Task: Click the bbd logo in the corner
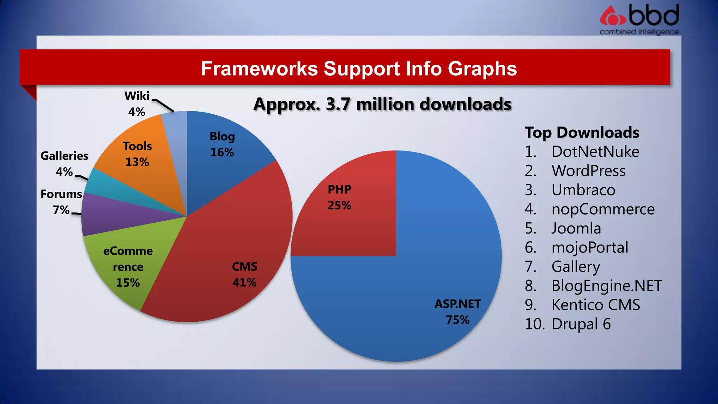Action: click(639, 19)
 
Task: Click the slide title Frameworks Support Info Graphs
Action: click(359, 68)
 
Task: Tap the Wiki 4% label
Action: click(137, 104)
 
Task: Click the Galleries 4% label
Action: click(64, 163)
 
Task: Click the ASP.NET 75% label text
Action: click(458, 312)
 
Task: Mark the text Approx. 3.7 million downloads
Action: click(382, 105)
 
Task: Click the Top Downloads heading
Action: click(582, 133)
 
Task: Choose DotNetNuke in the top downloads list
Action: click(595, 152)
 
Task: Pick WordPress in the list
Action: click(588, 171)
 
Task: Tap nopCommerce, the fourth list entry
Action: click(603, 209)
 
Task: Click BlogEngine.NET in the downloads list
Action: click(606, 286)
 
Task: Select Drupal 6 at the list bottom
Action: click(581, 324)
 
